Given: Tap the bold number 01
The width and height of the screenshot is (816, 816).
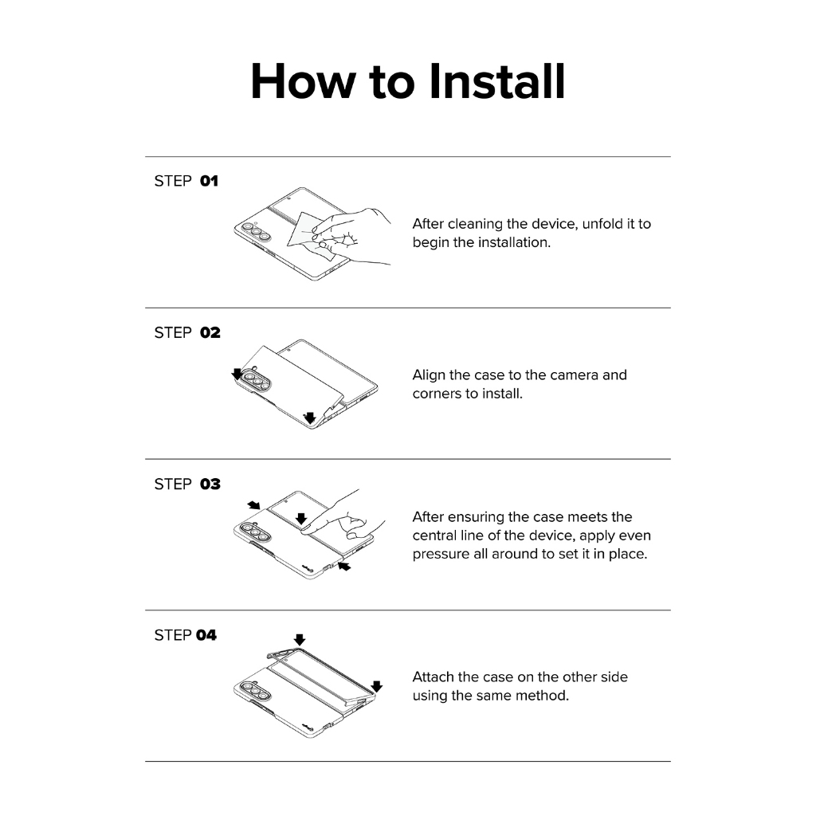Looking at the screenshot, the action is click(x=210, y=181).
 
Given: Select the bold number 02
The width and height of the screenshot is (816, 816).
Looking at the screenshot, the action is click(x=210, y=332).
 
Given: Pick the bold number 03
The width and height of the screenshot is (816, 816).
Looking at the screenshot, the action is click(x=210, y=484).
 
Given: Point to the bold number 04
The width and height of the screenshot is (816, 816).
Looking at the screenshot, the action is click(x=206, y=635).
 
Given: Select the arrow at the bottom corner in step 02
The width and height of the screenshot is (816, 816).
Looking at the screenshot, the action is click(x=310, y=418).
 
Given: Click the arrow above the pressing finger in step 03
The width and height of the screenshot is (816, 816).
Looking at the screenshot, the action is click(x=301, y=518).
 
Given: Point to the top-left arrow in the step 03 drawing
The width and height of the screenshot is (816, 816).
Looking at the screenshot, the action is click(x=254, y=504).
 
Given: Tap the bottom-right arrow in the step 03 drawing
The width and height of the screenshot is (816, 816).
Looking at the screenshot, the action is click(x=344, y=566).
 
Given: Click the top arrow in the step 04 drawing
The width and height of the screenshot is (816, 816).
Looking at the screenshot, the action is click(x=300, y=640).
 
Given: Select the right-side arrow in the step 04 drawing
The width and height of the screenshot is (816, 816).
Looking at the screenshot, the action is click(x=377, y=686).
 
